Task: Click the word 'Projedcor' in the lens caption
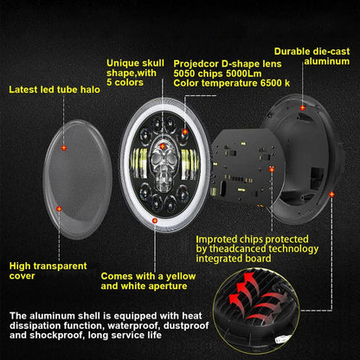[196, 63]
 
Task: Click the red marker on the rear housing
[303, 110]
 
